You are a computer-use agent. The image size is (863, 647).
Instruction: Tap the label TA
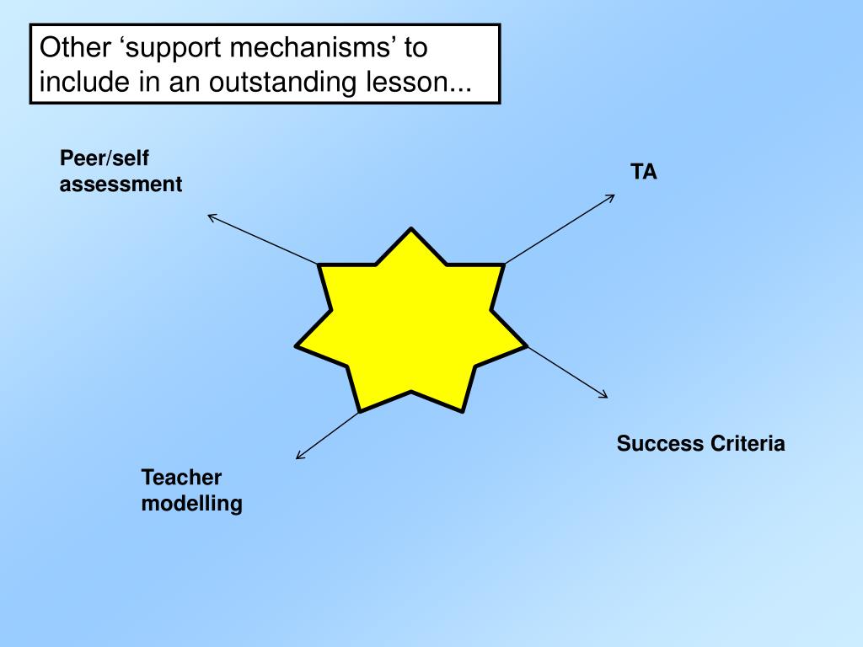pyautogui.click(x=644, y=172)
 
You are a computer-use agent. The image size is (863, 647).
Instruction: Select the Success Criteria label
pyautogui.click(x=700, y=443)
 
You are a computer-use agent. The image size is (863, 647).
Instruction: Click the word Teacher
pyautogui.click(x=181, y=478)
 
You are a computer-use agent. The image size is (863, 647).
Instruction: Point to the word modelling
pyautogui.click(x=191, y=504)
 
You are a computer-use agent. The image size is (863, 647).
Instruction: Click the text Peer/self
pyautogui.click(x=98, y=158)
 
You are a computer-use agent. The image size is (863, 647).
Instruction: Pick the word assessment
pyautogui.click(x=121, y=184)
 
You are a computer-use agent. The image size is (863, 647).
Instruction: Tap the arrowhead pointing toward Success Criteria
pyautogui.click(x=604, y=395)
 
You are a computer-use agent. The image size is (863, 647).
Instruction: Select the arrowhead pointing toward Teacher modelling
pyautogui.click(x=299, y=457)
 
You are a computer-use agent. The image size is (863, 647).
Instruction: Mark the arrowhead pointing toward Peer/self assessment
pyautogui.click(x=211, y=217)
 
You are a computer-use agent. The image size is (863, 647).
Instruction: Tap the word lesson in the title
pyautogui.click(x=408, y=83)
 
